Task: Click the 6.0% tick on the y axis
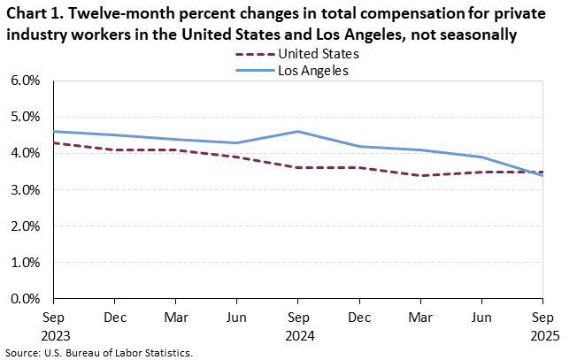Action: click(x=26, y=80)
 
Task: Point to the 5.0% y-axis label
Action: click(x=26, y=117)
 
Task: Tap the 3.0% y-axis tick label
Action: click(x=26, y=190)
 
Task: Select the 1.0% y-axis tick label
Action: click(x=26, y=263)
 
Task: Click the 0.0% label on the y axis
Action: click(x=26, y=299)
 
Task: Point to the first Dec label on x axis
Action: click(x=114, y=316)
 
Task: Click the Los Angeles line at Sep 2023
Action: click(x=54, y=132)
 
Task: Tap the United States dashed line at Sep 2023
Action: click(x=54, y=142)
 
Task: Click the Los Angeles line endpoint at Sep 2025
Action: click(x=541, y=175)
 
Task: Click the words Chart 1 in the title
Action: click(x=32, y=15)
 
